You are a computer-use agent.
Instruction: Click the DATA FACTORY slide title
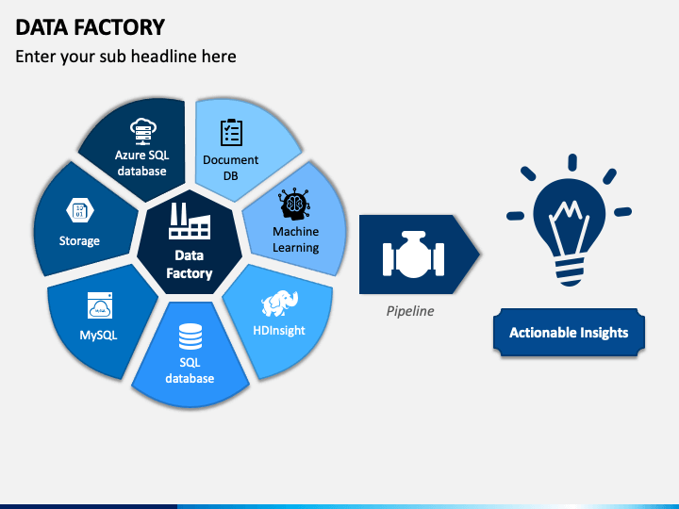(91, 26)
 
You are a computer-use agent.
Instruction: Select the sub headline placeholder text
(125, 57)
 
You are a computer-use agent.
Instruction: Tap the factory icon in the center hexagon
(190, 222)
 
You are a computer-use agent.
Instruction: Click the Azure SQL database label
(141, 163)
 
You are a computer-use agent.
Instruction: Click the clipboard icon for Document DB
(231, 133)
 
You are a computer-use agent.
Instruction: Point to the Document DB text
(231, 167)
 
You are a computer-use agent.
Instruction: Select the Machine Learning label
(296, 239)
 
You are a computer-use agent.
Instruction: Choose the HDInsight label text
(279, 331)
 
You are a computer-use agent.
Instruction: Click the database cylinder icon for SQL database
(190, 335)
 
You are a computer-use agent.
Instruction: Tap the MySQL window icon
(100, 305)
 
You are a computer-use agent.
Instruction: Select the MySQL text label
(98, 336)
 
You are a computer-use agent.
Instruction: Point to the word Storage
(79, 241)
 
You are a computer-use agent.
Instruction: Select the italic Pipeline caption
(410, 310)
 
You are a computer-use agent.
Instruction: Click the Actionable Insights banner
(569, 332)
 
